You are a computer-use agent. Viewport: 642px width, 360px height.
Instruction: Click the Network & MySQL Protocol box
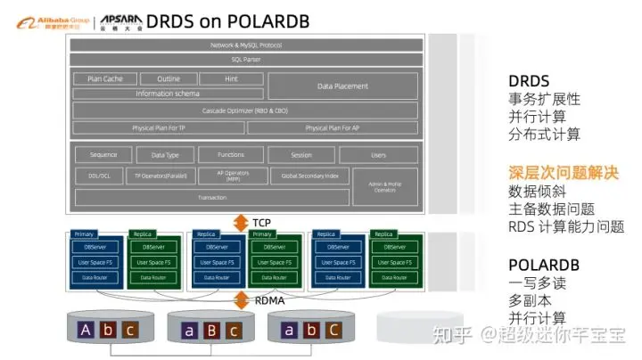(245, 45)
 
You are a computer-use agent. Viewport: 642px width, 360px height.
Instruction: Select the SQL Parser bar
(245, 60)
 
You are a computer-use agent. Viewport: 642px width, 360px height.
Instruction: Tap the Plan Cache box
(105, 78)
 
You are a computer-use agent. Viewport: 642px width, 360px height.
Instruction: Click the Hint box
(231, 78)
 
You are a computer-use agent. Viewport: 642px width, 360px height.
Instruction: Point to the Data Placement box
(342, 86)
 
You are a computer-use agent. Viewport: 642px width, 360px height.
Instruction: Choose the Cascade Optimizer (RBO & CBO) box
(245, 110)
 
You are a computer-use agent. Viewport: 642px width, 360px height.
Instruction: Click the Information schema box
(168, 94)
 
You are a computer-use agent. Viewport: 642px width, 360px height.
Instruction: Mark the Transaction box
(212, 197)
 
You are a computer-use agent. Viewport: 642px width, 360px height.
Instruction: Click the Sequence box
(103, 154)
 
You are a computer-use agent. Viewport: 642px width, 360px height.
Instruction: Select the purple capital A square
(86, 330)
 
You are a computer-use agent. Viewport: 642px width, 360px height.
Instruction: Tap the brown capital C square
(333, 330)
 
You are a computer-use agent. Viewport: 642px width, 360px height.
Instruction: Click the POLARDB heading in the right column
(543, 266)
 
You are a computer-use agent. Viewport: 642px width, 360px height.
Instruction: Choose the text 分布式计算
(545, 135)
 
